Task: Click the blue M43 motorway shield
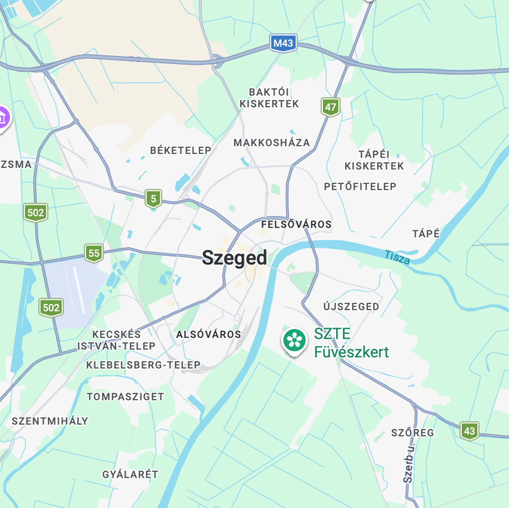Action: pos(283,44)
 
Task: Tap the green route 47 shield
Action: pos(331,107)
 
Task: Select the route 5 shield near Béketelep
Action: pos(153,199)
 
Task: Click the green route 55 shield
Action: pos(94,253)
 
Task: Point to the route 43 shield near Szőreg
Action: pos(469,431)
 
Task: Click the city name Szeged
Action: pos(234,258)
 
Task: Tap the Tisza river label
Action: pos(397,257)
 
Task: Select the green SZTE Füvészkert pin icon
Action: pos(294,340)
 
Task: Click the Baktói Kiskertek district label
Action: pos(269,98)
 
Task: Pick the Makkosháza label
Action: pos(272,143)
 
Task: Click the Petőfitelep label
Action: pos(360,187)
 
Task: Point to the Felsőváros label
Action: pos(296,225)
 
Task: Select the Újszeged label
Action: pos(351,307)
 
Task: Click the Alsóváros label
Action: pos(208,335)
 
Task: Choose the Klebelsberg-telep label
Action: pos(143,365)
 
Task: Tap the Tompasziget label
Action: pos(125,397)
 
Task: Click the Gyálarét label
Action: pos(130,475)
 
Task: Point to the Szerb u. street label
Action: pos(408,466)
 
